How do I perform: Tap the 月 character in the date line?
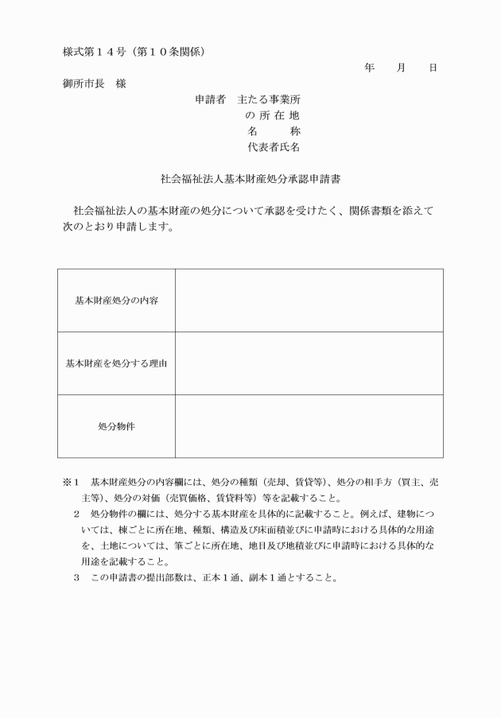coord(401,68)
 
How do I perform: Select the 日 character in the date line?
coord(433,68)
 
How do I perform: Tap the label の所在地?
coord(273,115)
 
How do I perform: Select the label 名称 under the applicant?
coord(273,131)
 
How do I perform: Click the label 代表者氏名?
coord(273,147)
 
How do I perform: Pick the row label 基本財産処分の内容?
coord(116,301)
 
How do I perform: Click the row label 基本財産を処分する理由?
coord(116,363)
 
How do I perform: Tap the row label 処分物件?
coord(116,426)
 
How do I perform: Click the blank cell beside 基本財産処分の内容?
coord(309,301)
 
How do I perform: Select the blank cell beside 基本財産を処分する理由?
coord(309,363)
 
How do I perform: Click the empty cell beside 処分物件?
coord(309,426)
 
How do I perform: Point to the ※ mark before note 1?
coord(67,483)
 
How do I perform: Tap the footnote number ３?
coord(77,576)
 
